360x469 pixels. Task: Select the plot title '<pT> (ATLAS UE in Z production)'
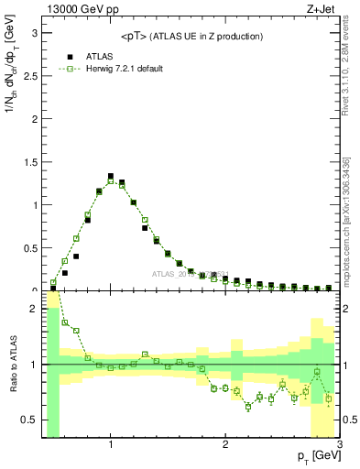pyautogui.click(x=191, y=36)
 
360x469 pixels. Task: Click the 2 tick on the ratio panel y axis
pyautogui.click(x=34, y=309)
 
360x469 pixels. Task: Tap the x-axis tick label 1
pyautogui.click(x=111, y=445)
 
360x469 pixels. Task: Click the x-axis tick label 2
pyautogui.click(x=225, y=445)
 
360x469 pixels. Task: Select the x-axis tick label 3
pyautogui.click(x=339, y=445)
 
